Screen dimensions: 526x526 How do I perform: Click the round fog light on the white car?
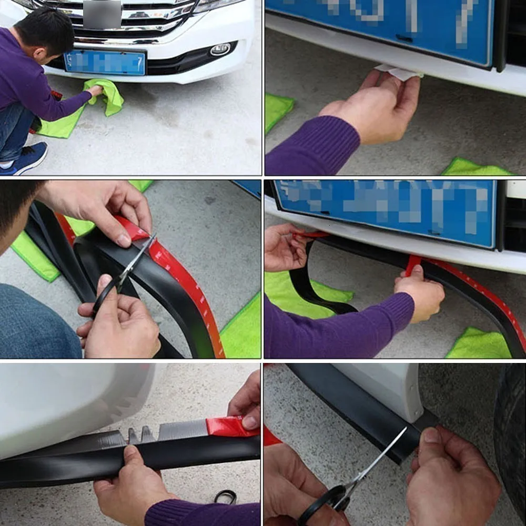coord(220,49)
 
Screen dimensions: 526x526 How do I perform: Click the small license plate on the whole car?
coord(105,63)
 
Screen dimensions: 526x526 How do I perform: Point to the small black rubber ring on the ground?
coord(225,496)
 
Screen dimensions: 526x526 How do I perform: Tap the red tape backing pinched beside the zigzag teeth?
coord(228,427)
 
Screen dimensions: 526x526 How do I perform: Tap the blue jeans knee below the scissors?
coord(37,321)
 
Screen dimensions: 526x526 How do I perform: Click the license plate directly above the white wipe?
coord(379,26)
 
